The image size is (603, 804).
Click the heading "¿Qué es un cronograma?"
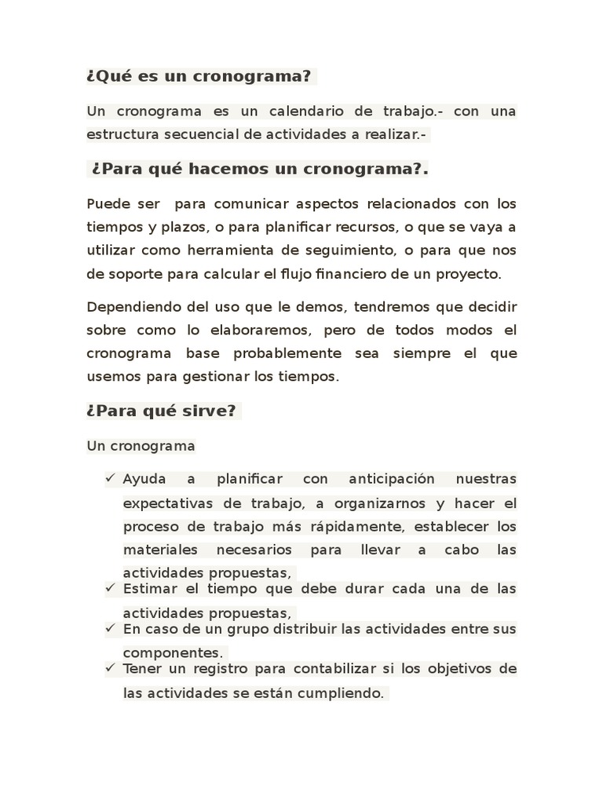[x=199, y=78]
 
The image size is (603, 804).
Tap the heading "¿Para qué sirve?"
[x=161, y=411]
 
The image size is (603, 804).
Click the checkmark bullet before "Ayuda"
[x=110, y=477]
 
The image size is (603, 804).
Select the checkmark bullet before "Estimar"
[x=110, y=587]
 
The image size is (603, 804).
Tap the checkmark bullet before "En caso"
[x=110, y=627]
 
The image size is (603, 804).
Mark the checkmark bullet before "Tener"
[x=110, y=667]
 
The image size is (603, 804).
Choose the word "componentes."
[x=173, y=653]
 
